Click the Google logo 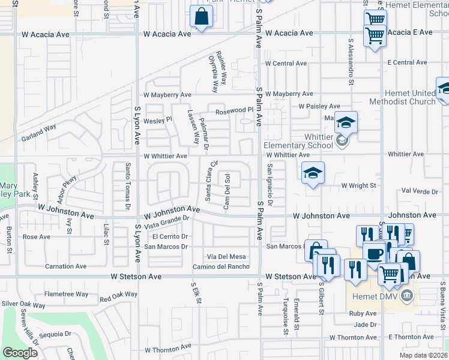point(20,353)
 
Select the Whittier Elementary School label point(298,145)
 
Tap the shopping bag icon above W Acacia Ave point(201,17)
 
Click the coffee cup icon point(375,253)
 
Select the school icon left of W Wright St point(313,173)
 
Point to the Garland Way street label point(40,128)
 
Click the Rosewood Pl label point(235,110)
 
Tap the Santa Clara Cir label point(211,181)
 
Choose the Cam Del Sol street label point(227,192)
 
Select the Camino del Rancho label point(220,266)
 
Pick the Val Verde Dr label point(423,190)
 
